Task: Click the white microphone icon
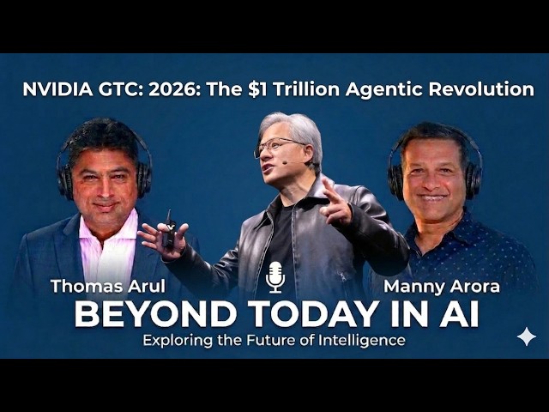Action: [274, 276]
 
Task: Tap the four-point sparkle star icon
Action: [526, 336]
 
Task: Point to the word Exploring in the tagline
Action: [178, 340]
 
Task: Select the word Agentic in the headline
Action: [389, 89]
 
